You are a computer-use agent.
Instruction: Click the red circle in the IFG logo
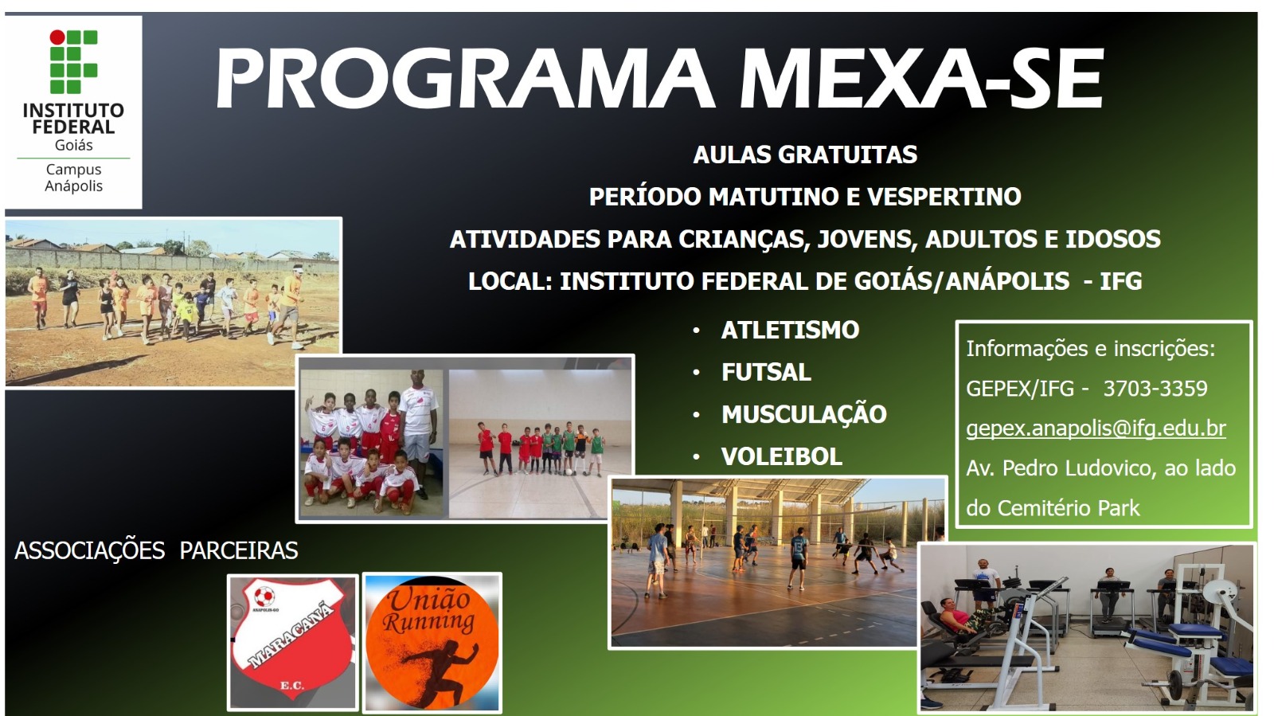pyautogui.click(x=57, y=37)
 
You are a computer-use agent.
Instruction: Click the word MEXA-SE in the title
pyautogui.click(x=921, y=78)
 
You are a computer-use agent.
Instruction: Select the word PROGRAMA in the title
pyautogui.click(x=465, y=78)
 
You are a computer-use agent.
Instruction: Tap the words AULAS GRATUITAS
pyautogui.click(x=805, y=155)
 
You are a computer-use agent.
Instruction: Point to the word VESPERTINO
pyautogui.click(x=944, y=197)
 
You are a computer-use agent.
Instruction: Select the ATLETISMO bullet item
pyautogui.click(x=790, y=331)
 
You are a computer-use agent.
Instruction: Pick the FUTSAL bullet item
pyautogui.click(x=766, y=373)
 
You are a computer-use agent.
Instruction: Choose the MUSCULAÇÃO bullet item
pyautogui.click(x=804, y=413)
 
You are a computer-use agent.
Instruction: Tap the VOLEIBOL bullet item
pyautogui.click(x=781, y=456)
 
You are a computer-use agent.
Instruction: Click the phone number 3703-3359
pyautogui.click(x=1155, y=389)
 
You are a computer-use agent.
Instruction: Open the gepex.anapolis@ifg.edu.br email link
pyautogui.click(x=1096, y=428)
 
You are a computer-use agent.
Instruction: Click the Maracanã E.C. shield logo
pyautogui.click(x=292, y=642)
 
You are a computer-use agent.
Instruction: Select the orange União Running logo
pyautogui.click(x=432, y=642)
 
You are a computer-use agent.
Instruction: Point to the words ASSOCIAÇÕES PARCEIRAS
pyautogui.click(x=156, y=550)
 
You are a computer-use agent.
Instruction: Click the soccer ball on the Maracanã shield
pyautogui.click(x=264, y=597)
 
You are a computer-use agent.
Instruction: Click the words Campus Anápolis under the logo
pyautogui.click(x=74, y=178)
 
